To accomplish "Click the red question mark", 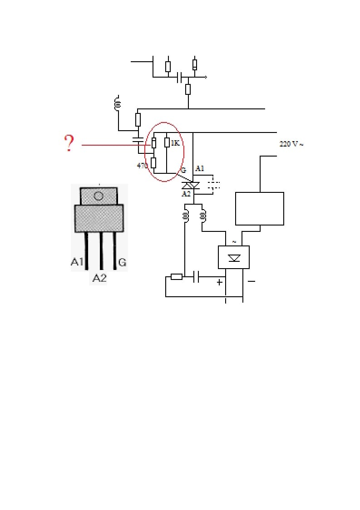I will [69, 143].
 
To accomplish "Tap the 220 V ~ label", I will [291, 144].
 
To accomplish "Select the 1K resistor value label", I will [175, 143].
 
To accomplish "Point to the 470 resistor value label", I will [142, 166].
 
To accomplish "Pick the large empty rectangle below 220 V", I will [259, 208].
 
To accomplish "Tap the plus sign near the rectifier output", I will [219, 282].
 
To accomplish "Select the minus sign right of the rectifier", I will [251, 281].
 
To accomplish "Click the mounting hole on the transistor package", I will [99, 196].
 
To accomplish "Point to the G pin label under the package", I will [122, 262].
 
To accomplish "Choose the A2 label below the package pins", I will [99, 278].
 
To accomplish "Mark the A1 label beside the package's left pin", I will [77, 262].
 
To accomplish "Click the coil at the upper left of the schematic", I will [118, 103].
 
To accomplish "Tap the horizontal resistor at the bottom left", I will [176, 277].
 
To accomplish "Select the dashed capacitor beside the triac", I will [213, 184].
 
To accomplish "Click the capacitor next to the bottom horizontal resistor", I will [196, 277].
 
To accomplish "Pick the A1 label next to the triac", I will [199, 169].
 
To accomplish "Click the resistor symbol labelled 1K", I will [167, 142].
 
